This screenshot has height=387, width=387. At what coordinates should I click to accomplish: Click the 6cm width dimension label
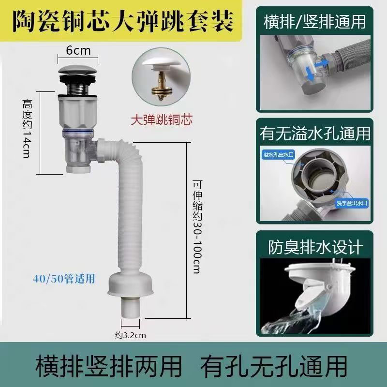[78, 49]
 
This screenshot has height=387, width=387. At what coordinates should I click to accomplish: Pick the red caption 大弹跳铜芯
[163, 119]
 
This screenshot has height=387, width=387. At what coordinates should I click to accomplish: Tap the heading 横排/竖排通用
[315, 22]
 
